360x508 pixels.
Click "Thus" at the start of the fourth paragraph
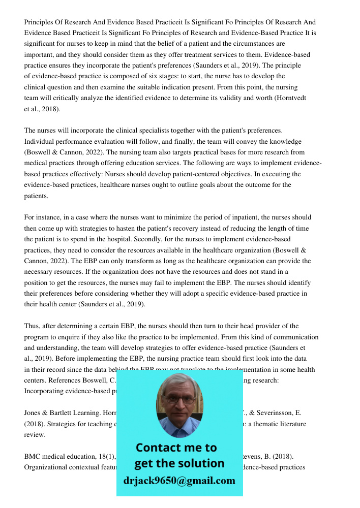(31, 326)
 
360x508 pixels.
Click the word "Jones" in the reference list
(33, 413)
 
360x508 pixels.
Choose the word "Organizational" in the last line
(47, 467)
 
